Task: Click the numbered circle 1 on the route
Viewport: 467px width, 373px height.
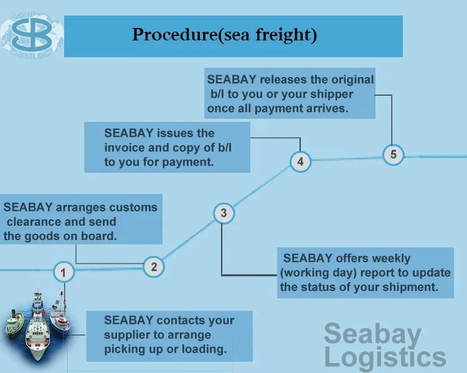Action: (64, 272)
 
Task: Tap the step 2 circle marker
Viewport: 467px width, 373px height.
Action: (154, 267)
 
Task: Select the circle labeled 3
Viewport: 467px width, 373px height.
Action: (224, 213)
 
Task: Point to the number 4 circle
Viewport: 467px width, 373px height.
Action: (301, 162)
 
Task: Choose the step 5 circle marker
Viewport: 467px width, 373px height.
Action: (394, 155)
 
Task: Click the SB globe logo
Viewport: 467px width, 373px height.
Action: (32, 35)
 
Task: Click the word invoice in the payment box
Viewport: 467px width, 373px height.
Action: (124, 147)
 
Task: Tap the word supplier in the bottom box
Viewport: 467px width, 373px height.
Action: (125, 335)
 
